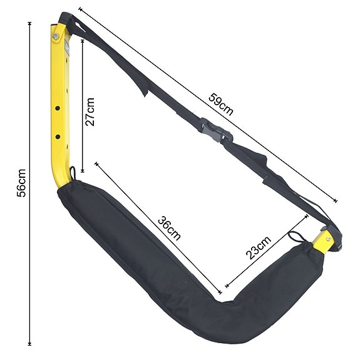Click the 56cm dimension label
pyautogui.click(x=21, y=182)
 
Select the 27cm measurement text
pyautogui.click(x=91, y=111)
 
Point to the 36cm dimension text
pyautogui.click(x=170, y=229)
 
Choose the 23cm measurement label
pyautogui.click(x=258, y=248)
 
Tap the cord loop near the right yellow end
pyautogui.click(x=296, y=238)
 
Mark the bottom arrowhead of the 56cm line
pyautogui.click(x=29, y=343)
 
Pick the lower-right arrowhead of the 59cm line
pyautogui.click(x=336, y=201)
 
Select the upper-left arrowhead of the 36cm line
pyautogui.click(x=96, y=163)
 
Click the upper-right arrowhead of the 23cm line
pyautogui.click(x=307, y=217)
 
